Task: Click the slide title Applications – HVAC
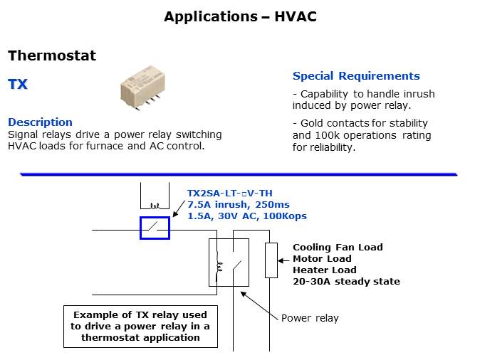tap(240, 16)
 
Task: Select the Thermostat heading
tap(51, 55)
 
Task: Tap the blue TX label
tap(18, 85)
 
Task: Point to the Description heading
tap(40, 122)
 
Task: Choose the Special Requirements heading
tap(356, 76)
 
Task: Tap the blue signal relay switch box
tap(155, 228)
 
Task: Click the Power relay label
tap(310, 318)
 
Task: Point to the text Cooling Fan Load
tap(338, 248)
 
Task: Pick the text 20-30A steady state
tap(346, 282)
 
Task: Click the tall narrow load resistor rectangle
tap(271, 260)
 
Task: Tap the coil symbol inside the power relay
tap(219, 267)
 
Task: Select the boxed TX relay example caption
tap(140, 326)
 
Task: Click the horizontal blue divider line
tap(239, 174)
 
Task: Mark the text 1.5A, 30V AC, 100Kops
tap(246, 216)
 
